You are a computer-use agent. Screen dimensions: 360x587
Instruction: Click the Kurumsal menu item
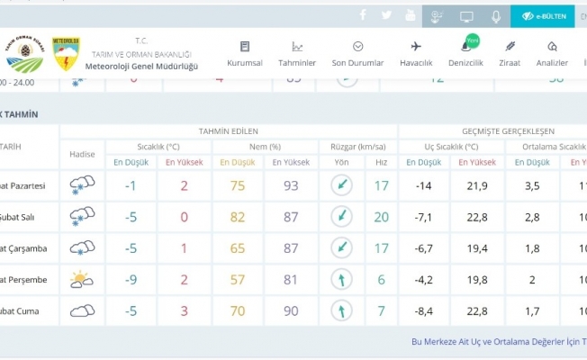pos(245,54)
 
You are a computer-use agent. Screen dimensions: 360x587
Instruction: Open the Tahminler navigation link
pos(297,54)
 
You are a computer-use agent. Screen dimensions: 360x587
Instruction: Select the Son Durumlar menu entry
pos(357,54)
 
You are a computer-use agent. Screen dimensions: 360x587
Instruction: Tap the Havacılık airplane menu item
pos(416,54)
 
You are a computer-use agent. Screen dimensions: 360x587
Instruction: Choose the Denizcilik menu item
pos(466,54)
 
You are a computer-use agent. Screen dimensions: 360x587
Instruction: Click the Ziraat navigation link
pos(510,54)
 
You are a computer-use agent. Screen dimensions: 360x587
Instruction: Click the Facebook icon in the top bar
pos(364,15)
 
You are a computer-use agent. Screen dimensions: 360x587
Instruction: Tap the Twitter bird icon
pos(387,15)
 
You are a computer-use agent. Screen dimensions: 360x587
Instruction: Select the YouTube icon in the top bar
pos(411,15)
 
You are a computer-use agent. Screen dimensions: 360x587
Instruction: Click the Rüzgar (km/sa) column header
pos(357,147)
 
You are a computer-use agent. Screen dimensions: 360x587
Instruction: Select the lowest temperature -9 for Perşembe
pos(131,280)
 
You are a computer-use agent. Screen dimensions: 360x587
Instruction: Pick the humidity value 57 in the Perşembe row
pos(238,280)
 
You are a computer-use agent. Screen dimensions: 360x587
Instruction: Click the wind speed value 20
pos(382,217)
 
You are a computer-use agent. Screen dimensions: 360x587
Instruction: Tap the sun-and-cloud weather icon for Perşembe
pos(82,280)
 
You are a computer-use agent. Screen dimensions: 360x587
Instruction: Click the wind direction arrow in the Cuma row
pos(342,311)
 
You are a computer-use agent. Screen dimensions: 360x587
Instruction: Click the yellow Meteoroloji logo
pos(66,53)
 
